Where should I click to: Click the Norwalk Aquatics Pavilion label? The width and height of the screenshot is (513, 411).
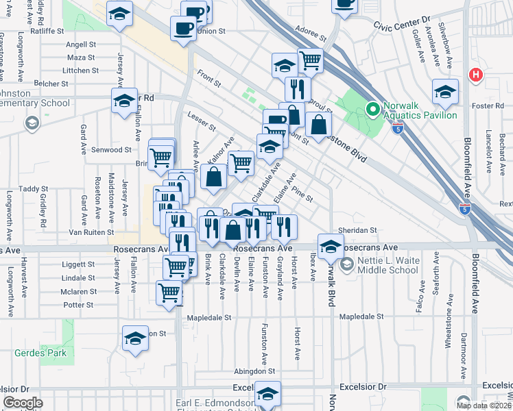click(420, 109)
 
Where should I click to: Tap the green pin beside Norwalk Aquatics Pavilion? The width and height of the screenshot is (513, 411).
click(373, 109)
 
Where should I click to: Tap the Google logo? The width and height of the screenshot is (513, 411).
click(23, 403)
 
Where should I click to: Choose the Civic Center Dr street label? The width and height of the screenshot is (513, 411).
click(401, 20)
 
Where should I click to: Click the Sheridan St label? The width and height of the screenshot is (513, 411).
click(357, 231)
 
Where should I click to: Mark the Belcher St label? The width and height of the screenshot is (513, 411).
click(51, 84)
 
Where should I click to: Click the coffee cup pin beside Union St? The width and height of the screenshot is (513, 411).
click(183, 29)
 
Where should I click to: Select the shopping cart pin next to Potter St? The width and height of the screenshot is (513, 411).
click(169, 292)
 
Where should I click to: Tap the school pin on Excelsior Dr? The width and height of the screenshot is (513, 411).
click(267, 393)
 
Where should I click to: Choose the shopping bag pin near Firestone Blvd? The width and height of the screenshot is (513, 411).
click(319, 125)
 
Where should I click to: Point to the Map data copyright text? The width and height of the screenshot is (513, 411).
click(484, 405)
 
